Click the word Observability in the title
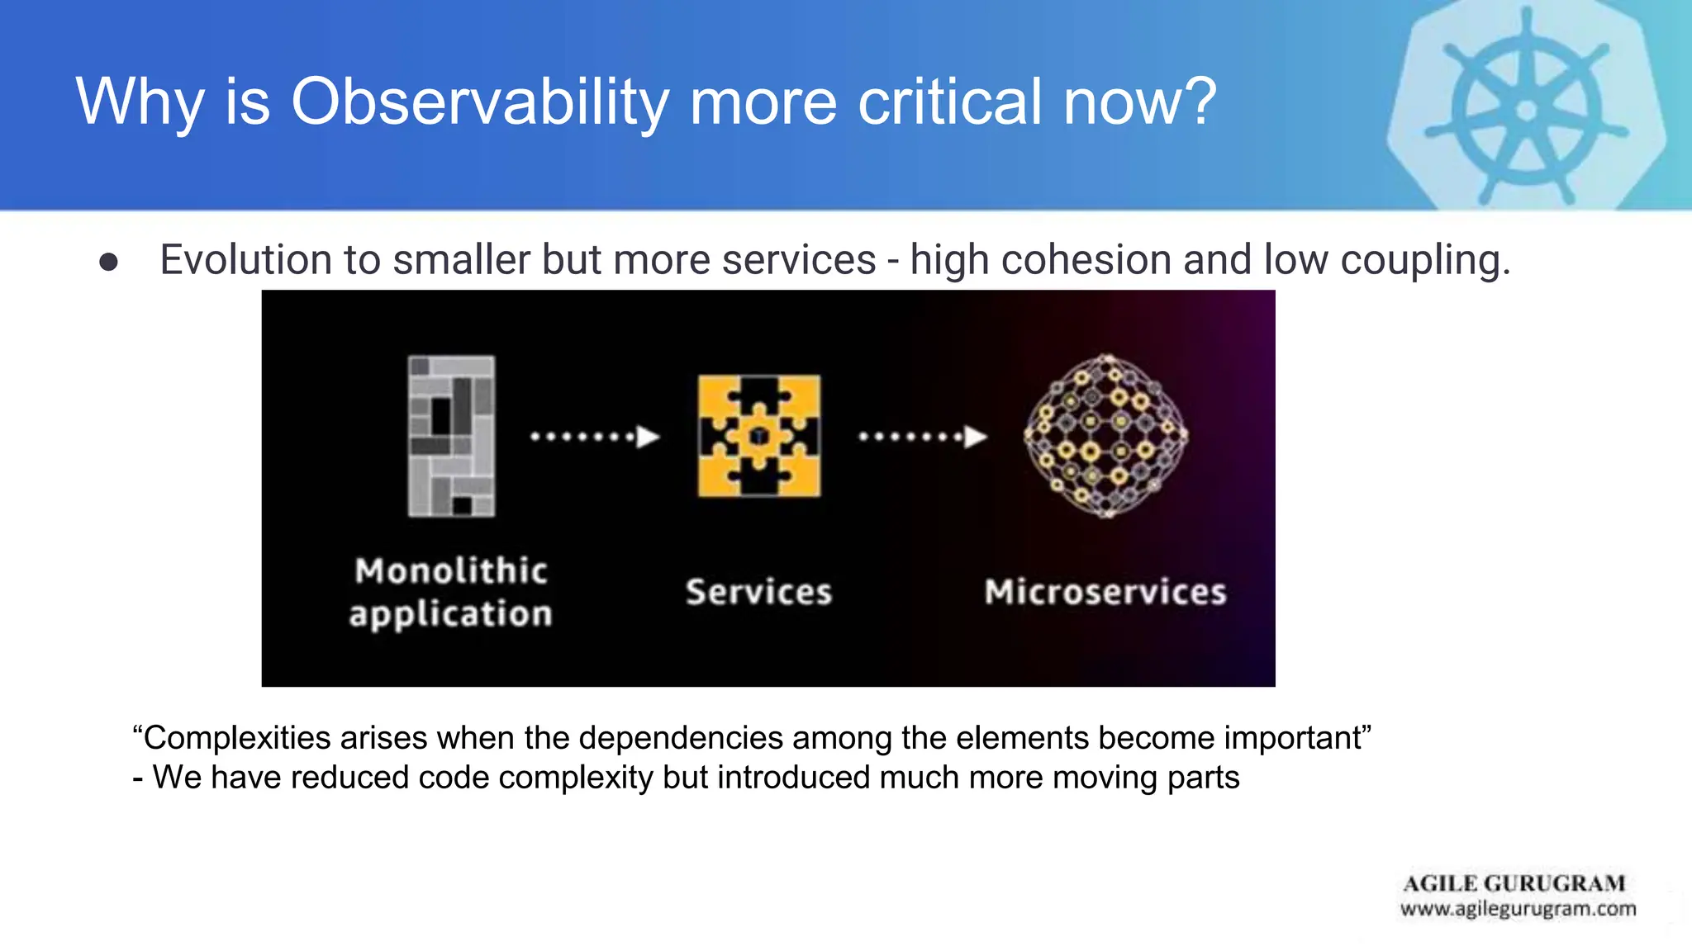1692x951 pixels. coord(479,102)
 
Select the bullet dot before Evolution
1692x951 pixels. coord(108,262)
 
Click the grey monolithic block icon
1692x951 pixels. coord(451,436)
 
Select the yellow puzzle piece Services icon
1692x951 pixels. coord(759,436)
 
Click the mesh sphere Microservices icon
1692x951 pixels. coord(1106,436)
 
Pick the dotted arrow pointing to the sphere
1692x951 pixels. coord(923,436)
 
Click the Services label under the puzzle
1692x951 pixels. coord(758,592)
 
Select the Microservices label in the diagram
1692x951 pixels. coord(1105,592)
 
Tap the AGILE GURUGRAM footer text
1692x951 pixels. coord(1514,883)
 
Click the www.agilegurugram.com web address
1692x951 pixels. coord(1518,909)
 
